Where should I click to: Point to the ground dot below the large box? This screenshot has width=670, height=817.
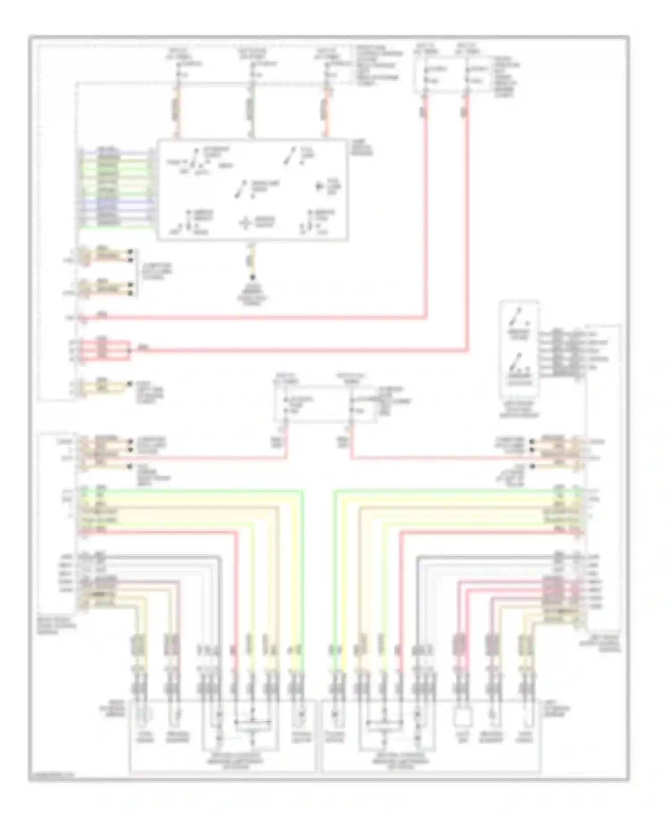tap(252, 277)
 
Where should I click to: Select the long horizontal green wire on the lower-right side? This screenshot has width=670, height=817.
tap(447, 491)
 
